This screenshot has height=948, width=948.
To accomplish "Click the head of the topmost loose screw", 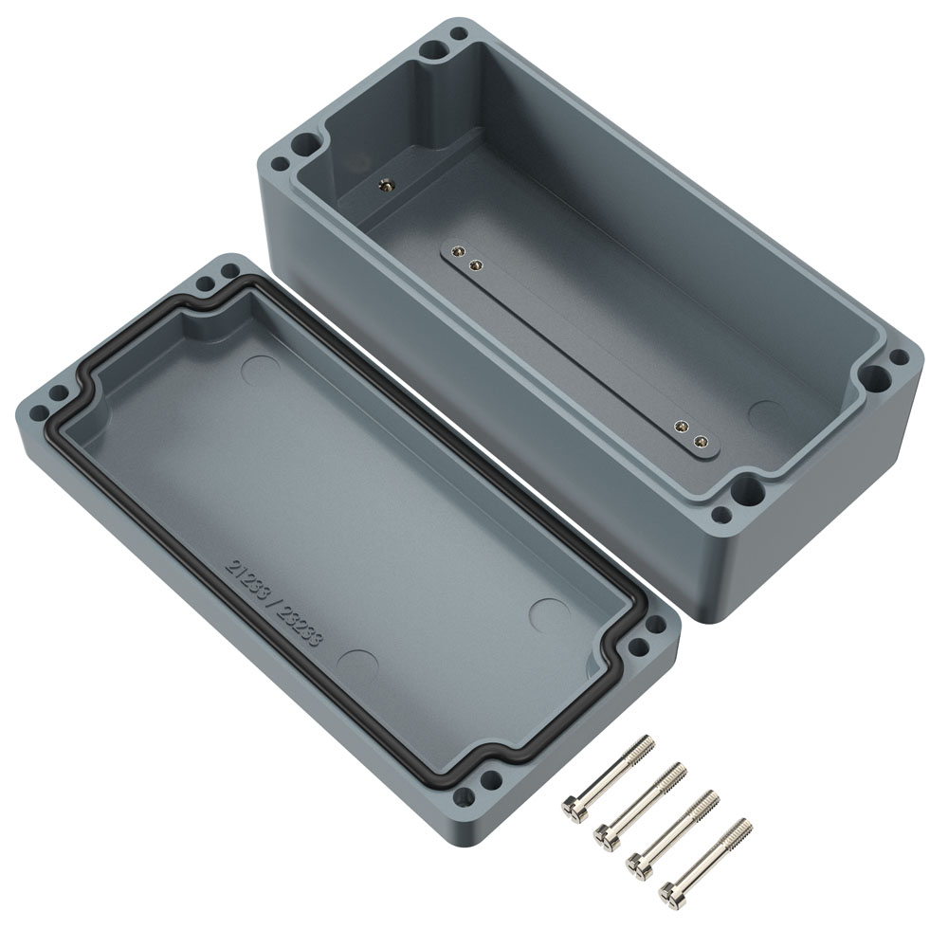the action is pos(572,809).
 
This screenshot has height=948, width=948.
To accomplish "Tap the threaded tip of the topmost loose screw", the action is pos(646,744).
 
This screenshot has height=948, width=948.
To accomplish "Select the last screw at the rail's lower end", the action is pos(701,443).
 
